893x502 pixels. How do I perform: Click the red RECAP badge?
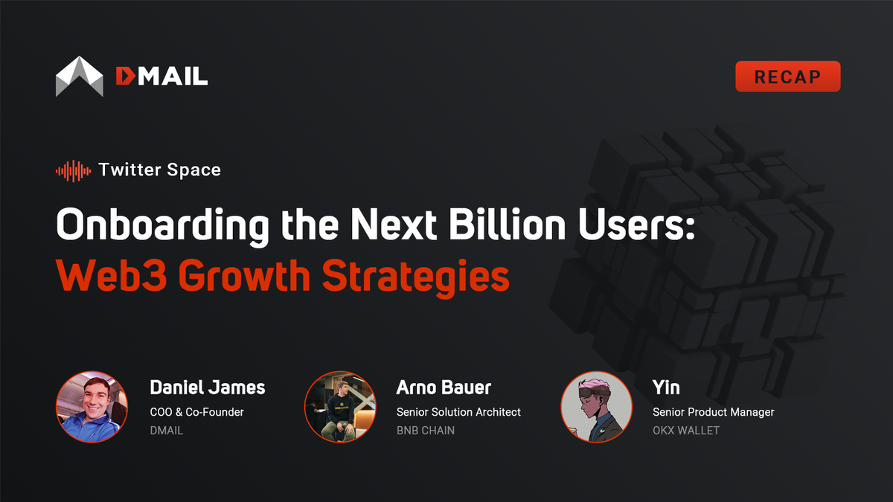(787, 77)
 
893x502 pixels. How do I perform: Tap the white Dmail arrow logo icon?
(80, 77)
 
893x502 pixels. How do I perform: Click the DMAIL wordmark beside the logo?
(161, 76)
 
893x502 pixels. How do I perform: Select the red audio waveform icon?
(73, 170)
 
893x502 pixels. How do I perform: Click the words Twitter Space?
(159, 170)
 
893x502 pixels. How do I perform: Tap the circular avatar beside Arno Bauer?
(339, 407)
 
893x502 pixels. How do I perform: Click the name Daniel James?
(207, 387)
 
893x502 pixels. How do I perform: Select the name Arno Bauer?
(444, 387)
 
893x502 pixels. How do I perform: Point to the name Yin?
(666, 387)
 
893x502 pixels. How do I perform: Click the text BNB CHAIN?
(425, 430)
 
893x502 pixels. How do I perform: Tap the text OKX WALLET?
(685, 430)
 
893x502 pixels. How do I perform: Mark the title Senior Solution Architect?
(458, 411)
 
